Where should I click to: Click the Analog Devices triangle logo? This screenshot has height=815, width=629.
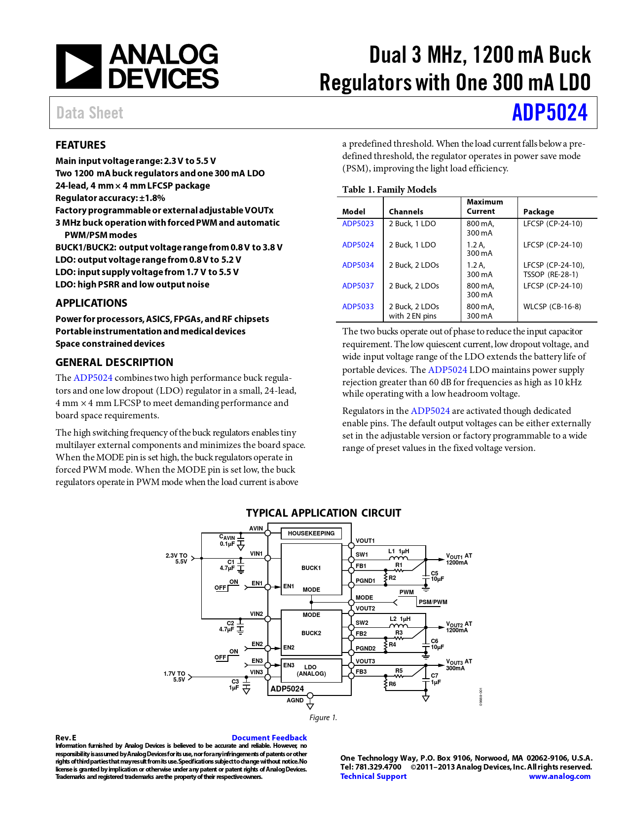(x=79, y=67)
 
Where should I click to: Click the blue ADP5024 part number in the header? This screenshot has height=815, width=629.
(x=550, y=113)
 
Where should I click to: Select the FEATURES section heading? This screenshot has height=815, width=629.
(x=80, y=145)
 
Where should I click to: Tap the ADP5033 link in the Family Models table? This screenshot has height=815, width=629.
(x=358, y=307)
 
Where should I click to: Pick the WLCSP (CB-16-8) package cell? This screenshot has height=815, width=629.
(x=552, y=307)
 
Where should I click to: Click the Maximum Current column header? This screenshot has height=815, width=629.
(x=484, y=206)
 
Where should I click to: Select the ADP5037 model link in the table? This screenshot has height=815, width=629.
(x=358, y=286)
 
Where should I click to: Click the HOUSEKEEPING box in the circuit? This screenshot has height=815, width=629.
(x=311, y=533)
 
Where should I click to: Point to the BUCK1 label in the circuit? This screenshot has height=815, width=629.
(x=311, y=568)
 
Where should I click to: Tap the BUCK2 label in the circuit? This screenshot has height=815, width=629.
(x=311, y=633)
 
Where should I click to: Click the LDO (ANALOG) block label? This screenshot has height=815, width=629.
(x=311, y=670)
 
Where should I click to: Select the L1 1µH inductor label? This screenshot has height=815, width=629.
(x=399, y=551)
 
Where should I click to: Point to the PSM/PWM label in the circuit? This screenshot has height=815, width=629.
(x=433, y=602)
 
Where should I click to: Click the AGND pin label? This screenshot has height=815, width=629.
(x=295, y=700)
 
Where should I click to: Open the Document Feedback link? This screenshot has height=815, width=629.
(x=269, y=737)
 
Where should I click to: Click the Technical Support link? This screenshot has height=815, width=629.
(x=373, y=776)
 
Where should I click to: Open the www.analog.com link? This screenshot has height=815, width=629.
(x=559, y=776)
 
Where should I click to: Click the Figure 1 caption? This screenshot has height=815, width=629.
(x=323, y=718)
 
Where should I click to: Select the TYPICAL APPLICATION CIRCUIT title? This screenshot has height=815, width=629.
(x=324, y=513)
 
